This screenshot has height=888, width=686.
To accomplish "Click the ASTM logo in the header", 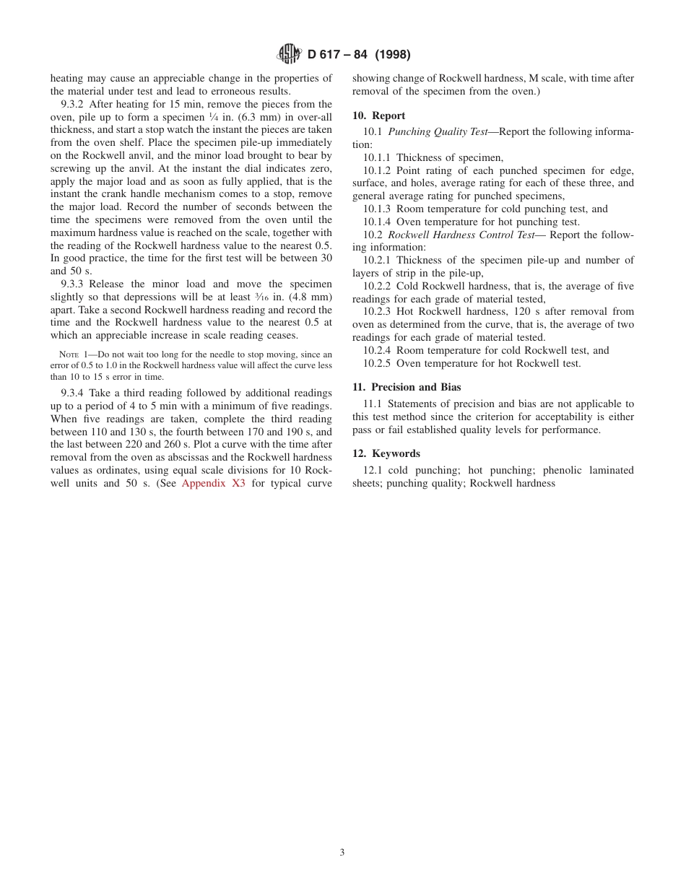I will point(290,54).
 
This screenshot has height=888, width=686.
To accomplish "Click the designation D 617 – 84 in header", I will point(338,55).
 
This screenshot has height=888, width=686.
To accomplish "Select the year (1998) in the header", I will point(392,55).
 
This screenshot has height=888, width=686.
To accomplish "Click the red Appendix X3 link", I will point(213,483).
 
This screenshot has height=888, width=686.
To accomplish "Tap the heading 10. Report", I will point(378,116).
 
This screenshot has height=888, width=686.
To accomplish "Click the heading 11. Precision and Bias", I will point(407,387).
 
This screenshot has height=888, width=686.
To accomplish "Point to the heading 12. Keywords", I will point(386,453).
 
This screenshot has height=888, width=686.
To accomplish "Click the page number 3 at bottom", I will point(342,852).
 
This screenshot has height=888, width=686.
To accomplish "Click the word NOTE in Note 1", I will point(69,354).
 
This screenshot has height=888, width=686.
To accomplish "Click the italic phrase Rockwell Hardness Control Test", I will point(461,235).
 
